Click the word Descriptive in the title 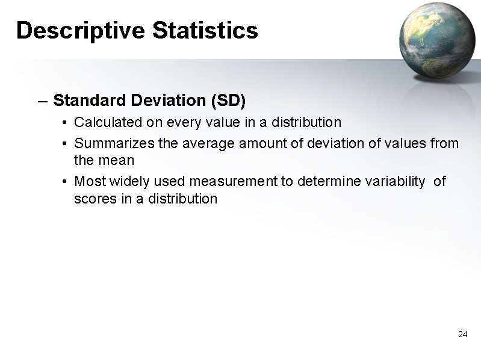(81, 30)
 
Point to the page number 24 (462, 334)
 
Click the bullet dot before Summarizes (64, 144)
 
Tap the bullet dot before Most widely (64, 182)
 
